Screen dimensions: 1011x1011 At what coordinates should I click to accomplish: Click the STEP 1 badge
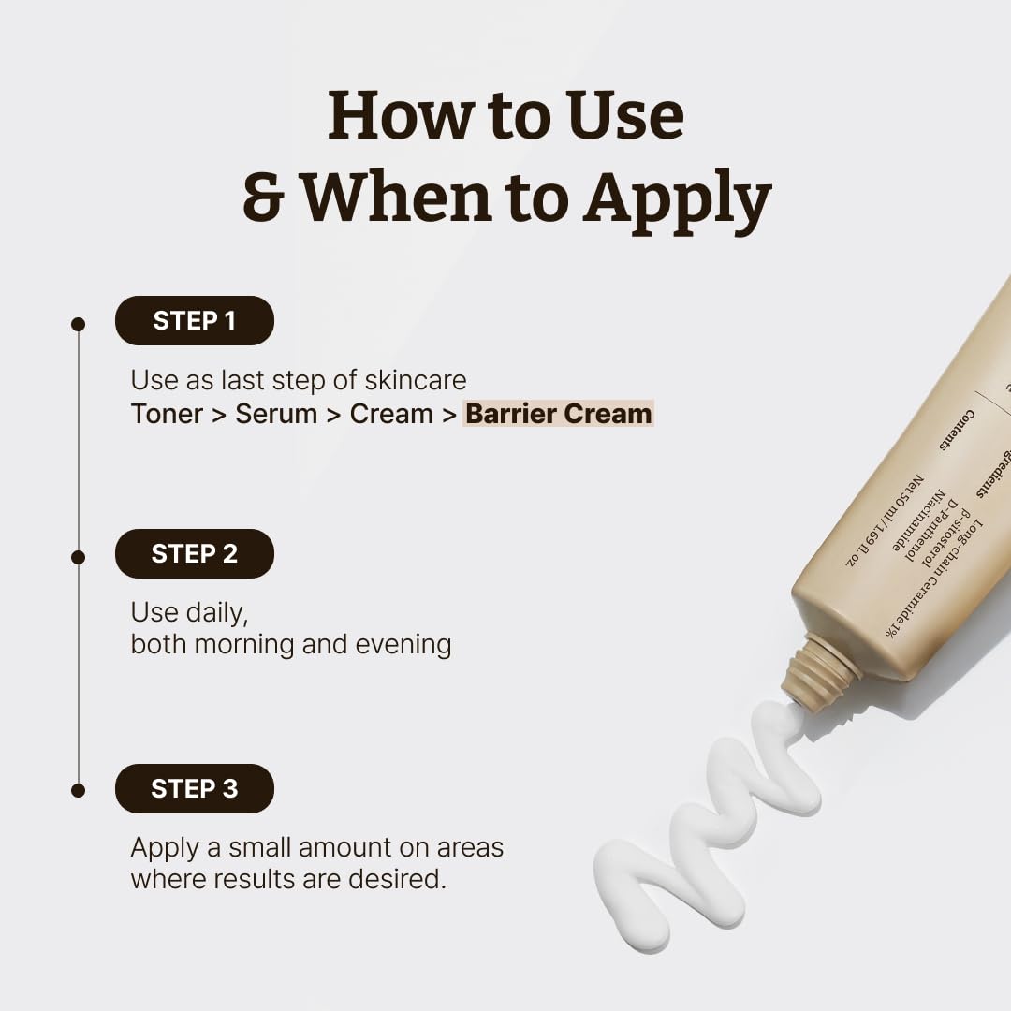tap(194, 321)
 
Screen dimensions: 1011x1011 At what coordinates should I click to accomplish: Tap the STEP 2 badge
tap(194, 554)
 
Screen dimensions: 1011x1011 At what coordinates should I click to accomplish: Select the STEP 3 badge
tap(194, 789)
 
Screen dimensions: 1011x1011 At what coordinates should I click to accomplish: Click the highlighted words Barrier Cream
tap(559, 414)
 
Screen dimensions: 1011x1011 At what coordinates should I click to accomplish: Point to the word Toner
tap(167, 414)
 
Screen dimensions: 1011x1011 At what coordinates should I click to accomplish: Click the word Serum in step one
tap(276, 414)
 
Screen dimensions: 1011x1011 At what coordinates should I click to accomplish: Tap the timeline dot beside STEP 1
tap(79, 324)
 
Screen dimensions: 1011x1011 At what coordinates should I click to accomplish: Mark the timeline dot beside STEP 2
tap(79, 557)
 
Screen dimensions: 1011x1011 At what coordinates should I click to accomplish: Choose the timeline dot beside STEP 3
tap(79, 790)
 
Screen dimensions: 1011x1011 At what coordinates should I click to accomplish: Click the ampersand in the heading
tap(264, 198)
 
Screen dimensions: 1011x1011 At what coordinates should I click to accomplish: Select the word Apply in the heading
tap(677, 198)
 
